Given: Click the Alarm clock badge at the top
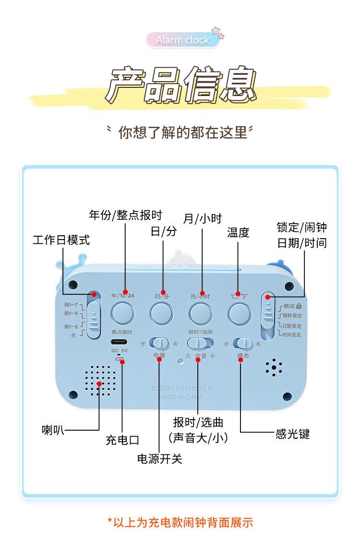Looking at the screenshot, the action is pyautogui.click(x=183, y=40).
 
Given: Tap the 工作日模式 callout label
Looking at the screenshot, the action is pyautogui.click(x=61, y=240).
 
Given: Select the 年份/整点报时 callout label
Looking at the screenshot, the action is pyautogui.click(x=125, y=215).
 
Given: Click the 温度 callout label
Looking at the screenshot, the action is pyautogui.click(x=238, y=232).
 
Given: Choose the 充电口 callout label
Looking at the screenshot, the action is pyautogui.click(x=122, y=439).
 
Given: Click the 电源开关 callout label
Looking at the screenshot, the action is pyautogui.click(x=160, y=459).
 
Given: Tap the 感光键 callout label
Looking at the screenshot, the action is pyautogui.click(x=293, y=434).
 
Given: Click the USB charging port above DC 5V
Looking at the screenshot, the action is pyautogui.click(x=120, y=343).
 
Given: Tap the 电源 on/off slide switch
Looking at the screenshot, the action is pyautogui.click(x=159, y=343).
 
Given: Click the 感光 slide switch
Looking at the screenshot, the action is pyautogui.click(x=243, y=343).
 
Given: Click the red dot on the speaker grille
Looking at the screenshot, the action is pyautogui.click(x=99, y=383).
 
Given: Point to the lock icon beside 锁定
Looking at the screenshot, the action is pyautogui.click(x=299, y=306).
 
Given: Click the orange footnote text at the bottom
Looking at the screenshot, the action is pyautogui.click(x=180, y=522).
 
